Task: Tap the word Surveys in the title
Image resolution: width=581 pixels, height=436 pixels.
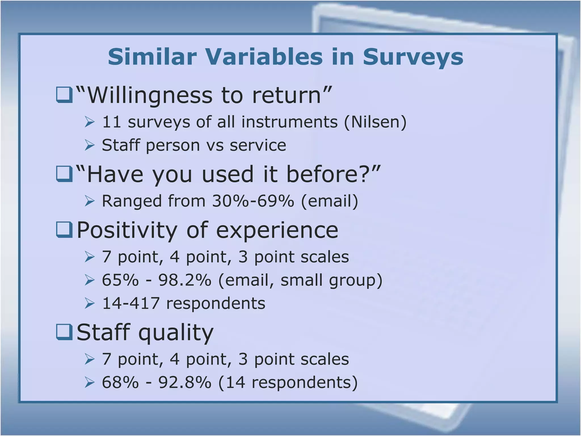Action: [413, 57]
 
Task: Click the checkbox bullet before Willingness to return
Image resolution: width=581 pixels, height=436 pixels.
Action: [64, 95]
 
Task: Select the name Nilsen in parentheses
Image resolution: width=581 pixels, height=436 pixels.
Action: [375, 122]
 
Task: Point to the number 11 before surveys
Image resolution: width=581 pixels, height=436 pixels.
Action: [111, 122]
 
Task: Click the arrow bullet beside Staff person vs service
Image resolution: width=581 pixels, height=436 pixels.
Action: [90, 145]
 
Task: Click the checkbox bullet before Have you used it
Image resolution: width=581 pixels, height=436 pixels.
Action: [64, 174]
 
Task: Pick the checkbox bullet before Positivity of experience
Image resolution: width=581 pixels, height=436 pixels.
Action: [64, 230]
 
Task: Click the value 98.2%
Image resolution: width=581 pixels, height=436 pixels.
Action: [185, 280]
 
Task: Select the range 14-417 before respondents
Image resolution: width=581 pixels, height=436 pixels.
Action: [131, 303]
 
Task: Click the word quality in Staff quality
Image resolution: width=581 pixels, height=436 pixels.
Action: [176, 333]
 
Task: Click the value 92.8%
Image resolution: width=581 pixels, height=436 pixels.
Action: [185, 382]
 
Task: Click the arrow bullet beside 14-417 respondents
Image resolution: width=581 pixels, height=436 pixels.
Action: [90, 303]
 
